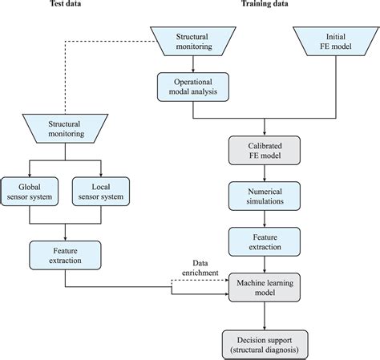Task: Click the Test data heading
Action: click(x=66, y=3)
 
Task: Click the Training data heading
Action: click(x=265, y=3)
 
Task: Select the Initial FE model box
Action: click(x=336, y=41)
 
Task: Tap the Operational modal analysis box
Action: click(x=193, y=87)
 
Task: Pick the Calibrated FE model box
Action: click(x=265, y=150)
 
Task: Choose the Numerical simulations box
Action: click(x=265, y=196)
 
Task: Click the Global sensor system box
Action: click(x=30, y=192)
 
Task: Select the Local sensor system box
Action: click(x=101, y=192)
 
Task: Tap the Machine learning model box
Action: click(x=265, y=287)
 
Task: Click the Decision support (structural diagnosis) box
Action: click(x=265, y=345)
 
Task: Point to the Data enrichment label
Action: click(x=200, y=268)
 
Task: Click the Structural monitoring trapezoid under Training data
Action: click(x=193, y=41)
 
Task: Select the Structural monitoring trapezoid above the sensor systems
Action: click(x=65, y=128)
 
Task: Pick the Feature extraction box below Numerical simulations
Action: click(x=265, y=241)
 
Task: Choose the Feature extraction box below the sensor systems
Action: click(x=65, y=255)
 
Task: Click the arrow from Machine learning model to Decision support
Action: click(x=265, y=316)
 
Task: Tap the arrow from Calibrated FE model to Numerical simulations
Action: click(x=265, y=173)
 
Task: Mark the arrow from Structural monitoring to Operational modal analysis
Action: click(x=193, y=64)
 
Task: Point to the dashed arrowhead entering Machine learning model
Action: click(x=227, y=280)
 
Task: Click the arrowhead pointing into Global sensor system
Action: click(x=30, y=175)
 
